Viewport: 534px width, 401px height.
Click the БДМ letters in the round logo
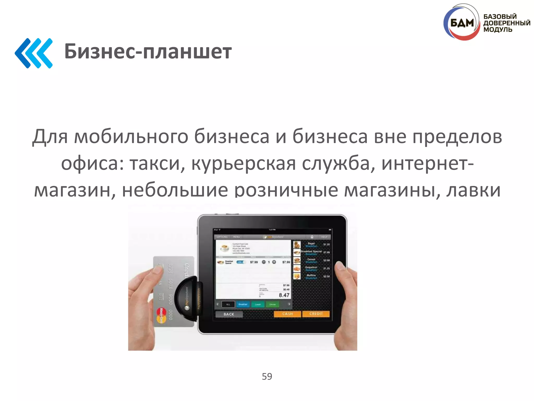click(462, 23)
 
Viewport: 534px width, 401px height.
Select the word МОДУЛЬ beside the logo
click(497, 30)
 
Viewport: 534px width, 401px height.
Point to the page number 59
click(267, 376)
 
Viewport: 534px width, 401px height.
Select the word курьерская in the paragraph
click(244, 164)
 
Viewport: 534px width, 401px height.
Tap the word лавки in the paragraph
click(473, 190)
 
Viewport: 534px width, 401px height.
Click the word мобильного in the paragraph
click(131, 137)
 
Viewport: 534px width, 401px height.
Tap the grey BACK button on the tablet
click(229, 314)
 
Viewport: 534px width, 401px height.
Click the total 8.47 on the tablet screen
click(284, 295)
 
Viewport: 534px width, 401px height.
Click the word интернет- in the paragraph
click(427, 164)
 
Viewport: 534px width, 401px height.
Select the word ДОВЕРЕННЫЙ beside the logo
click(507, 23)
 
